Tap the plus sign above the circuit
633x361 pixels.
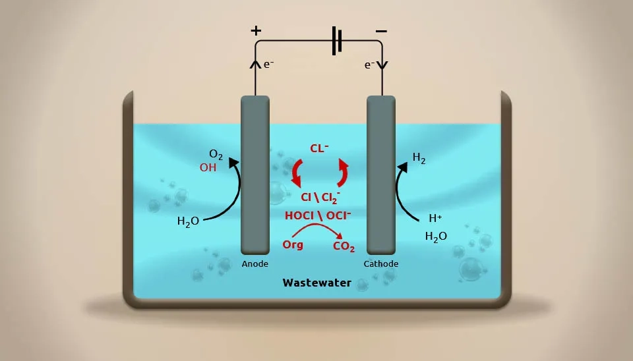[256, 30]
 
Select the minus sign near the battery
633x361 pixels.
[381, 30]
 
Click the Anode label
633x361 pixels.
[255, 264]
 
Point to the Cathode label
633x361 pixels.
[381, 264]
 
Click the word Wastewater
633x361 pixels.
[316, 283]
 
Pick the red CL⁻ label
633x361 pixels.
[319, 149]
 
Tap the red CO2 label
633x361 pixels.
[344, 247]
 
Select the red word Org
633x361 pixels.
[293, 245]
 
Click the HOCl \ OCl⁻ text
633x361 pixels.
[318, 215]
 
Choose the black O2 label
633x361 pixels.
[216, 156]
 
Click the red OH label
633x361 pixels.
[208, 168]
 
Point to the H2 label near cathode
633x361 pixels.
[419, 157]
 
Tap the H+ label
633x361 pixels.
[436, 218]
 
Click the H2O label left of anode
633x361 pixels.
[188, 221]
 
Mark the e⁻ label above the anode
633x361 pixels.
[268, 65]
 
